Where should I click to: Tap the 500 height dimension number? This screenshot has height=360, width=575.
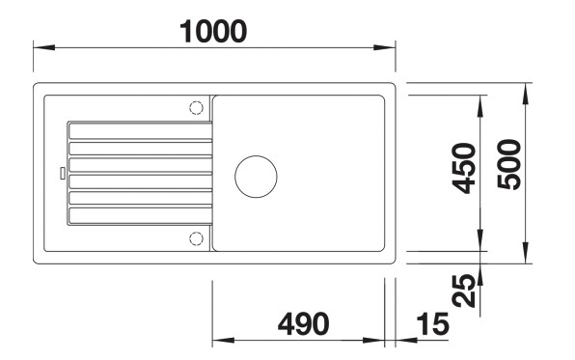point(510,165)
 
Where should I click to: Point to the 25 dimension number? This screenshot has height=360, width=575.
point(465,290)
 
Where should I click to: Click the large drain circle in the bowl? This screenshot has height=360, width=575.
point(256,175)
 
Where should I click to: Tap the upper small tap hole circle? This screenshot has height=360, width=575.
point(196,106)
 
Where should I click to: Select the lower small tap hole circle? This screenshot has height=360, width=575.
point(196,238)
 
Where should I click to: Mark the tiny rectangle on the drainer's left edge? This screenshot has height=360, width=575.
point(64,175)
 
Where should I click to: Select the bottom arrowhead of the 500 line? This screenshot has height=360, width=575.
point(526,258)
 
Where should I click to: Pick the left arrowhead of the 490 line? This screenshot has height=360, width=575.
point(218,340)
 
